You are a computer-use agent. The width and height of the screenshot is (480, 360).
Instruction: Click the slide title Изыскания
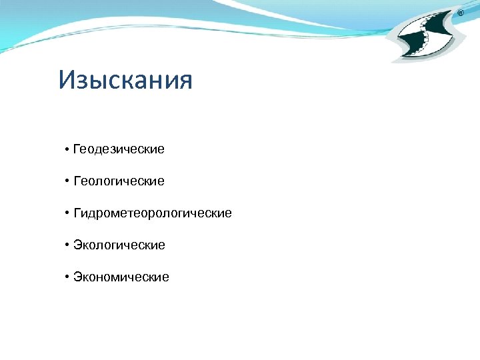point(125,81)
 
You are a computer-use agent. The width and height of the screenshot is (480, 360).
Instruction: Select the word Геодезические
point(119,149)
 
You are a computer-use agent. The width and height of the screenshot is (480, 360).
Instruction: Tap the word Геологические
point(119,181)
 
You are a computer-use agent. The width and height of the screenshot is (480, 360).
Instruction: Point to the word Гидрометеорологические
point(153,213)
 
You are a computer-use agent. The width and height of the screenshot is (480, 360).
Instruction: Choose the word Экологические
point(119,245)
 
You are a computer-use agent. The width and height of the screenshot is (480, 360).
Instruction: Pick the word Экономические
point(121,277)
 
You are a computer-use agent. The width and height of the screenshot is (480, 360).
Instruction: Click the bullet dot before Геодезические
point(67,149)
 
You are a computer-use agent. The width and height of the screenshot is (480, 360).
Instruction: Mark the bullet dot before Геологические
point(67,181)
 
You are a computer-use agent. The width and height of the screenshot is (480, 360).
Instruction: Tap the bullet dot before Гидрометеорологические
point(67,213)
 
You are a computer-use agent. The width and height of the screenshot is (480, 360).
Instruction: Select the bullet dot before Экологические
point(67,245)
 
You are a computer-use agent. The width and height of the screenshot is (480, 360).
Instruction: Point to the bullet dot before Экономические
point(67,277)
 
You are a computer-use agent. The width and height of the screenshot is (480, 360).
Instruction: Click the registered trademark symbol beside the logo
point(460,13)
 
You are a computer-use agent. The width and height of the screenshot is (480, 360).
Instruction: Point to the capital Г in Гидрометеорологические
point(77,213)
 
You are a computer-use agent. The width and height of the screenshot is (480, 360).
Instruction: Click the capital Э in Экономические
point(77,277)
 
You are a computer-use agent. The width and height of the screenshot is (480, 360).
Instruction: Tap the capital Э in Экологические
point(77,245)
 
